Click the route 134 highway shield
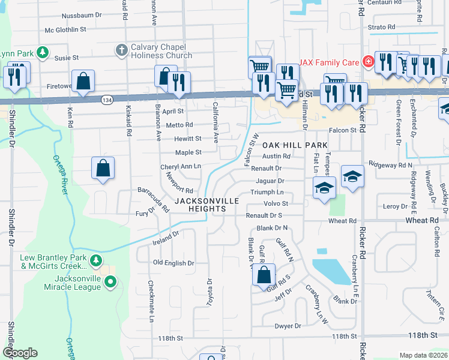pyautogui.click(x=106, y=98)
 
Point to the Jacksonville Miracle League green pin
pyautogui.click(x=110, y=281)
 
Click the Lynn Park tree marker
pyautogui.click(x=42, y=53)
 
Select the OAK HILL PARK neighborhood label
pyautogui.click(x=295, y=145)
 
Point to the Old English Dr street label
pyautogui.click(x=173, y=263)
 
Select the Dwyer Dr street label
pyautogui.click(x=288, y=326)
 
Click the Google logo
pyautogui.click(x=20, y=353)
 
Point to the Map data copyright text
pyautogui.click(x=423, y=355)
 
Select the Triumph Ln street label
pyautogui.click(x=267, y=192)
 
